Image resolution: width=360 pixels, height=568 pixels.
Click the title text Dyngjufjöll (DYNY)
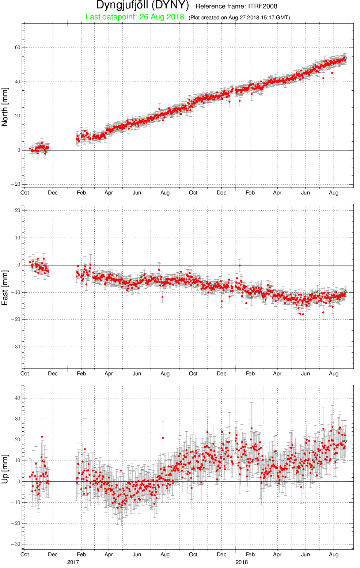click(143, 5)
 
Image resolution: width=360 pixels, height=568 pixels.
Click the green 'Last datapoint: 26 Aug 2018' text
click(134, 17)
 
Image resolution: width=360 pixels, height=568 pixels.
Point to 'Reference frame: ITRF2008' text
click(236, 6)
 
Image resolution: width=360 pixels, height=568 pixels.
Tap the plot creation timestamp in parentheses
click(239, 18)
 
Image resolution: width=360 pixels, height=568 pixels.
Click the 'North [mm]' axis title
click(5, 107)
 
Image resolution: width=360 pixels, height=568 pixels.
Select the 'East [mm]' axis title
click(5, 288)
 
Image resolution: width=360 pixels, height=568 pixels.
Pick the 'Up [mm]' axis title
click(5, 469)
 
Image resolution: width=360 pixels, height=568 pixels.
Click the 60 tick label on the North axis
click(18, 48)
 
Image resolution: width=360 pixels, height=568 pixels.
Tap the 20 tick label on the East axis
click(18, 211)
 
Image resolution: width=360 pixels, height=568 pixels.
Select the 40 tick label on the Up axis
click(18, 398)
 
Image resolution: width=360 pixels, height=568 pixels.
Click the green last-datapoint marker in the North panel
click(345, 58)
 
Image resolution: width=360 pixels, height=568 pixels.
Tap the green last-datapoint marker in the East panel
click(345, 292)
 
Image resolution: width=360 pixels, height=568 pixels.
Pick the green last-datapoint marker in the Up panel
click(345, 441)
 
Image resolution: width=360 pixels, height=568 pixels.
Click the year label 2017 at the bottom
click(73, 562)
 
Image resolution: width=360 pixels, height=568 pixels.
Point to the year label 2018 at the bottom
click(242, 562)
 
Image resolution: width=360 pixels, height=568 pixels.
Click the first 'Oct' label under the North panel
click(24, 193)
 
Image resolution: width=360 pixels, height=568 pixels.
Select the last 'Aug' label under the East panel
click(334, 374)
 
